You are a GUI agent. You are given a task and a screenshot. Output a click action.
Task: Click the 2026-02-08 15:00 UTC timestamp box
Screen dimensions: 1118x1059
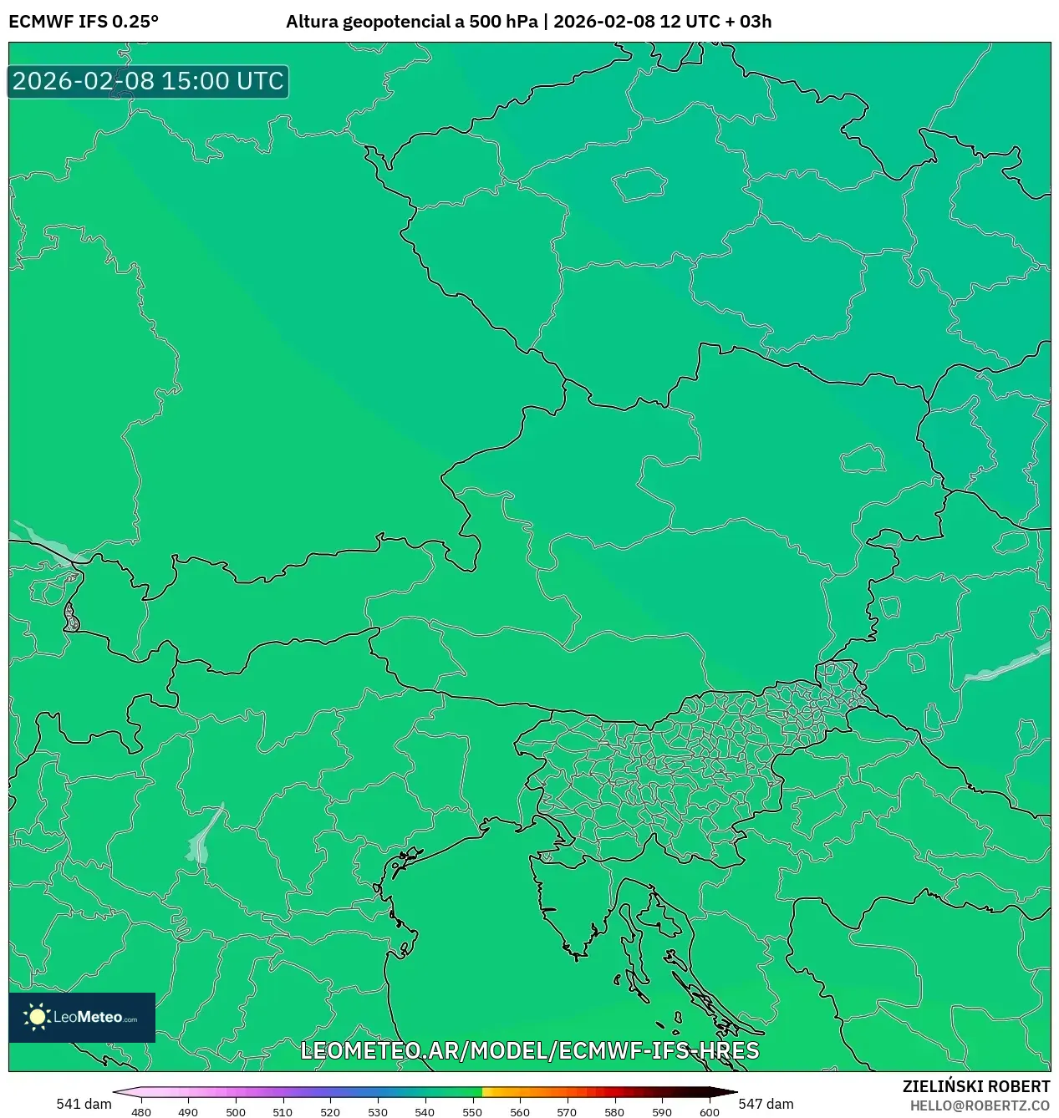click(x=148, y=81)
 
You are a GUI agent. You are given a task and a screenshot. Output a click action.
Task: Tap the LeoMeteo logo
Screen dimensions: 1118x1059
click(x=82, y=1017)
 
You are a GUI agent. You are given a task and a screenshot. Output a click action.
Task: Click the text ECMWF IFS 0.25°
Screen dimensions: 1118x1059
click(x=84, y=22)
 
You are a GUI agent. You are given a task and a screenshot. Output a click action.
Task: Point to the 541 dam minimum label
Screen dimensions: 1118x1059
click(x=84, y=1104)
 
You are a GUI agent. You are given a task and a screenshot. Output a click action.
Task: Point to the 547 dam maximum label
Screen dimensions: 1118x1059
click(x=766, y=1104)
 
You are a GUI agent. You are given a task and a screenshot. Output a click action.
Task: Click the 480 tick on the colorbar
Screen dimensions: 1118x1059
click(x=141, y=1111)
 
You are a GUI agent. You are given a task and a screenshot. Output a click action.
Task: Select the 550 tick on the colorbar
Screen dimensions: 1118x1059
click(x=472, y=1111)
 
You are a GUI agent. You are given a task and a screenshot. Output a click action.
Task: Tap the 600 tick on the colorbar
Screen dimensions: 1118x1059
click(x=709, y=1111)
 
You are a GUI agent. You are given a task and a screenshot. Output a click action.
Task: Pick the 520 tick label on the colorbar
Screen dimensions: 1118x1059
click(x=330, y=1112)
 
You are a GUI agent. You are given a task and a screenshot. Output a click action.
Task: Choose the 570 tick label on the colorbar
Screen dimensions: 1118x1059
click(x=567, y=1112)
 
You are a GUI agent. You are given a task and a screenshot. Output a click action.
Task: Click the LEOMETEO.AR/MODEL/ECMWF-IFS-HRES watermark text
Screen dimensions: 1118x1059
click(x=529, y=1050)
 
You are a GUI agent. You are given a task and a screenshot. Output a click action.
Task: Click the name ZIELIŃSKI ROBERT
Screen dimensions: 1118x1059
click(x=975, y=1086)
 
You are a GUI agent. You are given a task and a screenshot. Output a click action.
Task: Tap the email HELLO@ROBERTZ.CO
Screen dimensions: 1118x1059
click(x=980, y=1105)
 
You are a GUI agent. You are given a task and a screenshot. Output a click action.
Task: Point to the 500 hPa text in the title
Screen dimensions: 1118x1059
click(x=503, y=22)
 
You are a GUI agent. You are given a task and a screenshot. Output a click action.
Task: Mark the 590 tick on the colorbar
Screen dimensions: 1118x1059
click(x=662, y=1111)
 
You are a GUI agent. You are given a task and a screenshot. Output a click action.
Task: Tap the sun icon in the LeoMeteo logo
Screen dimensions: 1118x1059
click(x=37, y=1017)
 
